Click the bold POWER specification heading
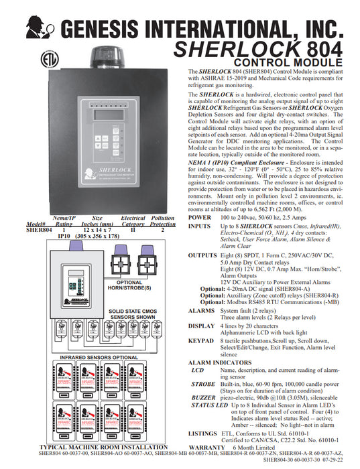point(199,218)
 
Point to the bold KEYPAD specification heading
point(200,340)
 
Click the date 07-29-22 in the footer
point(340,460)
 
